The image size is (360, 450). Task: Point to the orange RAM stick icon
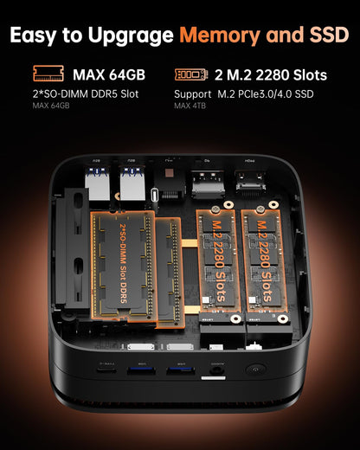coord(48,74)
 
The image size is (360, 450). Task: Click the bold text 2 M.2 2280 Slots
coord(270,74)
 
